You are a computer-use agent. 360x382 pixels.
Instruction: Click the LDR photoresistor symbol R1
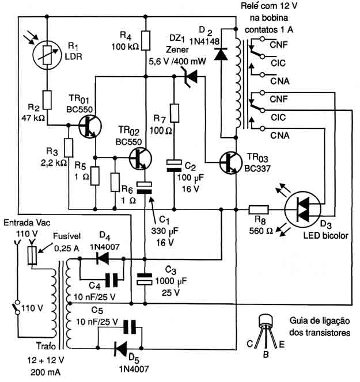pos(47,55)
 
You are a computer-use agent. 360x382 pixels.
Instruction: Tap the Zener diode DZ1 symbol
pos(191,77)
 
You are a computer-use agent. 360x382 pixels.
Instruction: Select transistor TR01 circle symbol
pos(90,126)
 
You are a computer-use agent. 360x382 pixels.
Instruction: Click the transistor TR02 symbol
pos(140,158)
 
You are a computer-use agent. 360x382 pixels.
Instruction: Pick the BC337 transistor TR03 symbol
pos(230,162)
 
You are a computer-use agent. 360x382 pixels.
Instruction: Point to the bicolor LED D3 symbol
pos(303,209)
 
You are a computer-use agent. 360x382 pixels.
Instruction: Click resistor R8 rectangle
pos(259,209)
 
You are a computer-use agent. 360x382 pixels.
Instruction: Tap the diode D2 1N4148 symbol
pos(221,54)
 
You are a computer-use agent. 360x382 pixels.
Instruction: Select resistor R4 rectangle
pos(146,40)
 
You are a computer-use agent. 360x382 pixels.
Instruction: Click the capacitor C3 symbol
pos(145,279)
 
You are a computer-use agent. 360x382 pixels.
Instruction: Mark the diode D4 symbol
pos(103,258)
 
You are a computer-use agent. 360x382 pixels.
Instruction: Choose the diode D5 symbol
pos(120,348)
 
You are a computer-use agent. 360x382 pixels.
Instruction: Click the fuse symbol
pos(32,255)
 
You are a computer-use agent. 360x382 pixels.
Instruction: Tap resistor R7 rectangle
pos(174,113)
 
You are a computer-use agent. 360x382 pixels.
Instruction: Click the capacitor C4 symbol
pos(112,280)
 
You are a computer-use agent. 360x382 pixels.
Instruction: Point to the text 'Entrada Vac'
pos(27,223)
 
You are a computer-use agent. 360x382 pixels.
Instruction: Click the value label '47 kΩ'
pos(33,118)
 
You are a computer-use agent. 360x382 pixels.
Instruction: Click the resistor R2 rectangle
pos(47,100)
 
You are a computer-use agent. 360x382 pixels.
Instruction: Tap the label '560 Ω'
pos(261,231)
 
